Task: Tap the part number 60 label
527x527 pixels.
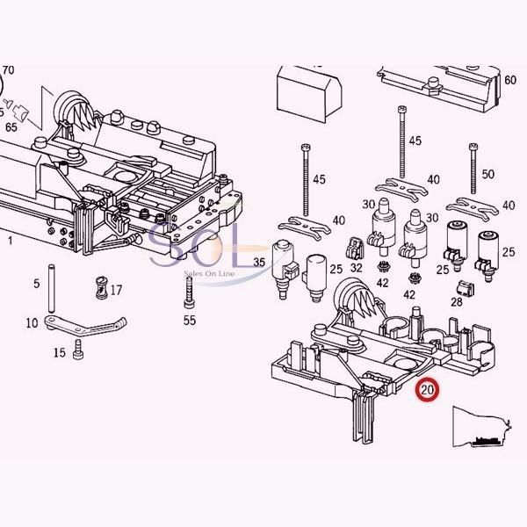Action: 510,81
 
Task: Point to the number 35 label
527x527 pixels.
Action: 259,263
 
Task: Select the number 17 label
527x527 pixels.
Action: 116,290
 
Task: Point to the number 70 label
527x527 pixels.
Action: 9,69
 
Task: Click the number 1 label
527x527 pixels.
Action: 10,239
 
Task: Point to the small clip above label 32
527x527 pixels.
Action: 356,248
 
